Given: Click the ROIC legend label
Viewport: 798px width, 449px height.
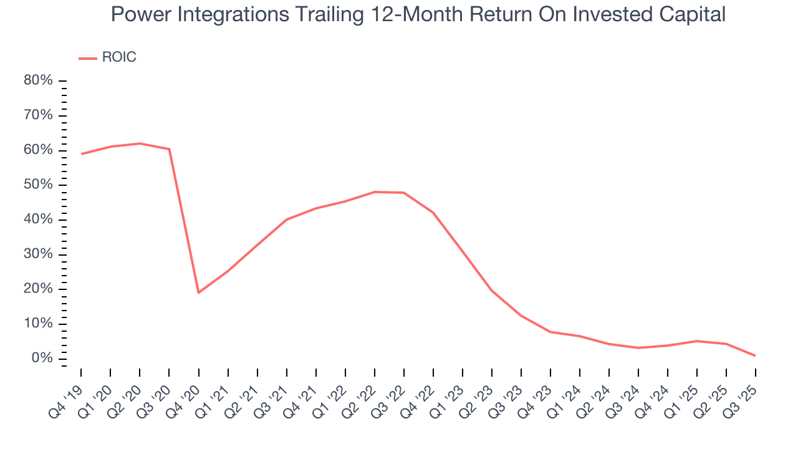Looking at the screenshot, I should [118, 57].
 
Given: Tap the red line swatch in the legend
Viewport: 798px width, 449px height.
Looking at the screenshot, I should [87, 58].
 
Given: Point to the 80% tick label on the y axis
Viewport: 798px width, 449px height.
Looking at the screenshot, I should [37, 80].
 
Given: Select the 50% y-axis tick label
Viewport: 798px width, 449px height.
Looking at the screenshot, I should [37, 185].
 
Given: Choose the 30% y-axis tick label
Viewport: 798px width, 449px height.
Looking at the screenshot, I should [37, 254].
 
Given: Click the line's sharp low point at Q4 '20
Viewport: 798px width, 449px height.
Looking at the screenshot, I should [199, 292].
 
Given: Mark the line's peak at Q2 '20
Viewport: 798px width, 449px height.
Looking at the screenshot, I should [140, 143].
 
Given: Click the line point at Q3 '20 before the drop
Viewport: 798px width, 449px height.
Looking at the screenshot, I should [169, 149].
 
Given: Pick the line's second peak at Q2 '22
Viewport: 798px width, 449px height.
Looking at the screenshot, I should [375, 192].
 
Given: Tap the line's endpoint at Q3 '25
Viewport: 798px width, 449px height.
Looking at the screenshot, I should [756, 355].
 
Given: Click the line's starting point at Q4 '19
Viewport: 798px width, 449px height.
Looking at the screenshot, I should [81, 154].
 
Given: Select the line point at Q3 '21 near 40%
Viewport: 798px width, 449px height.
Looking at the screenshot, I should [287, 220].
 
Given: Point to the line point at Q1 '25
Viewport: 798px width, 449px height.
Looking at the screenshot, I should [697, 341].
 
